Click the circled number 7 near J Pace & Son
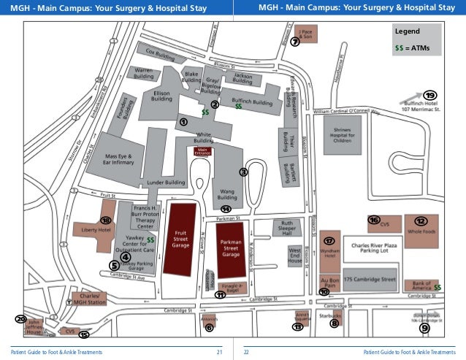[294, 42]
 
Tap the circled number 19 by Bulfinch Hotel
[429, 96]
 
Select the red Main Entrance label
[202, 151]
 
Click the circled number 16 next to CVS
[374, 220]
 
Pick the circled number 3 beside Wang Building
[244, 172]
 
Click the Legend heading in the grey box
[407, 32]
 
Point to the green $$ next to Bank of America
[438, 287]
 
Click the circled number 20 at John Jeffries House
[20, 320]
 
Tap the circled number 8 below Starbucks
[335, 323]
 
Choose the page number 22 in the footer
[246, 352]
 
